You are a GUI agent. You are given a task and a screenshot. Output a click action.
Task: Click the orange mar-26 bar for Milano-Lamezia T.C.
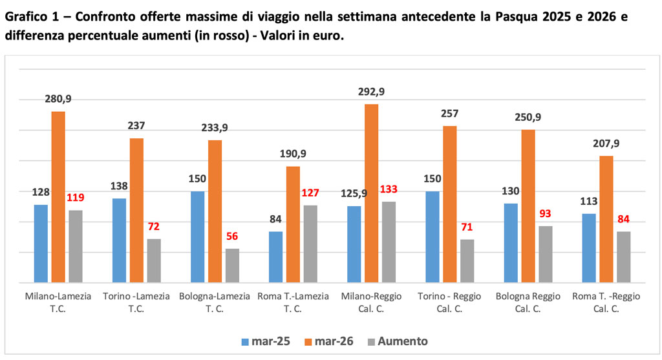coord(58,197)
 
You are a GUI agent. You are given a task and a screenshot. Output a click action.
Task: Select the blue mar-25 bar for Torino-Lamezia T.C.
coord(119,240)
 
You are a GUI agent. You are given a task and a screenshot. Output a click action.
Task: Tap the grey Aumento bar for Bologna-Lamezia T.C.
coord(232,266)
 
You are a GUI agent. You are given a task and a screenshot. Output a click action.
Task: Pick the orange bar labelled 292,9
coord(371,193)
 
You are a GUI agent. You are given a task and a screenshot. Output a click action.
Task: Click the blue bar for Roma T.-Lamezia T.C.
coord(275,257)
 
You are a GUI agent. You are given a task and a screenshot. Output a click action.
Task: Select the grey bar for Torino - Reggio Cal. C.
coord(467,261)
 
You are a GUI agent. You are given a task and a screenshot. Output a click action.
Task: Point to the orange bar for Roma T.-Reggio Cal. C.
coord(606,219)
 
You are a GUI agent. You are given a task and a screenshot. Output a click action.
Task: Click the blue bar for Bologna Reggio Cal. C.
coord(511,243)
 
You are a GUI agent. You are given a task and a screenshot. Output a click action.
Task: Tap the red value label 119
coord(76,198)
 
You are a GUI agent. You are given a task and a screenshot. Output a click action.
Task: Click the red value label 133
coord(389,189)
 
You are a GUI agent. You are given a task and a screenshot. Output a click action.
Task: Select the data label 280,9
coord(58,99)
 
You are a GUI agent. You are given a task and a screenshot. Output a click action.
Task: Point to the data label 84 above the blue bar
coord(275,219)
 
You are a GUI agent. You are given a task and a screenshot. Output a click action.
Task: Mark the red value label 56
coord(232,237)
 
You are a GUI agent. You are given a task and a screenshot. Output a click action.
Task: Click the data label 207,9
coord(606,143)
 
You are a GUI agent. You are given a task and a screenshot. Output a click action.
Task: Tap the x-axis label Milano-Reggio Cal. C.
coord(371,302)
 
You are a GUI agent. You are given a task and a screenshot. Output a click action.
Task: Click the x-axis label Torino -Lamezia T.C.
coord(136,302)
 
